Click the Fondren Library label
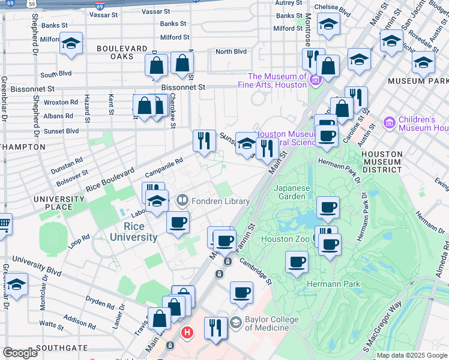click(221, 201)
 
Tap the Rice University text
click(133, 232)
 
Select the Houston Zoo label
click(285, 239)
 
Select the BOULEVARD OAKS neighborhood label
click(122, 52)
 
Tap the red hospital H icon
click(187, 332)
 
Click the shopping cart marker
click(4, 224)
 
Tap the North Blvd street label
click(231, 52)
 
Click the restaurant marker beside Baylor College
click(215, 328)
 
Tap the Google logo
click(20, 353)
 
